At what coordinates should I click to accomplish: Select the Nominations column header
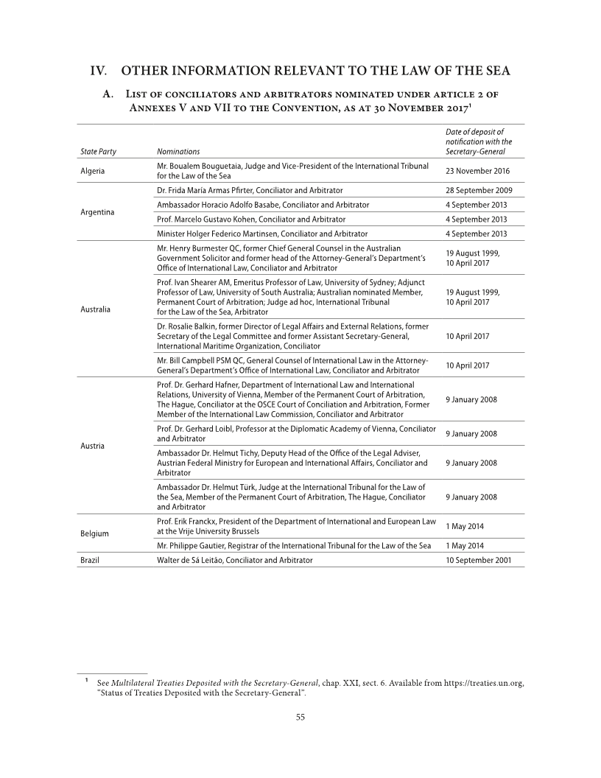(179, 152)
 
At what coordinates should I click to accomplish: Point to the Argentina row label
(97, 212)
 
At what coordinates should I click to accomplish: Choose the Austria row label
(92, 446)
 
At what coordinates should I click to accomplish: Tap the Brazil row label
(90, 560)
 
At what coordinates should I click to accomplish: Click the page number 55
(300, 718)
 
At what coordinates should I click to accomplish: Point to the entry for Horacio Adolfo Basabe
(263, 205)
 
